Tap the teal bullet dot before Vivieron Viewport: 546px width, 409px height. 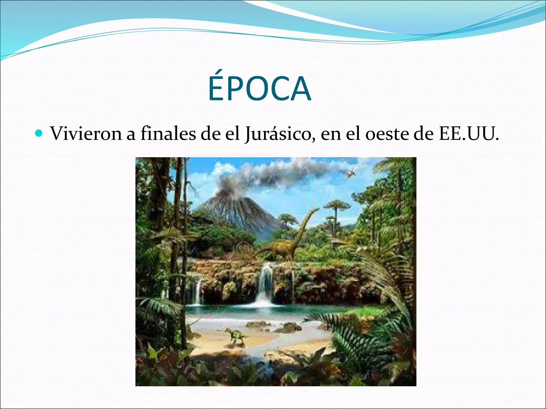39,133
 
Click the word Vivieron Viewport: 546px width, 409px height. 86,133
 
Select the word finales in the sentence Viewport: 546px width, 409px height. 168,133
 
